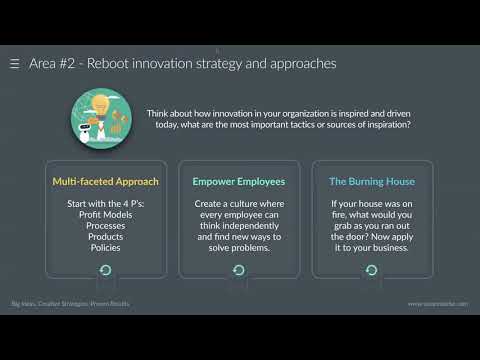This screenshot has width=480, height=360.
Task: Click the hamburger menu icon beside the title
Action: click(x=14, y=63)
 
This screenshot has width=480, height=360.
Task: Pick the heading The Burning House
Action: click(x=371, y=182)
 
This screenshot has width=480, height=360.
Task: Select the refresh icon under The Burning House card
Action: click(x=372, y=270)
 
